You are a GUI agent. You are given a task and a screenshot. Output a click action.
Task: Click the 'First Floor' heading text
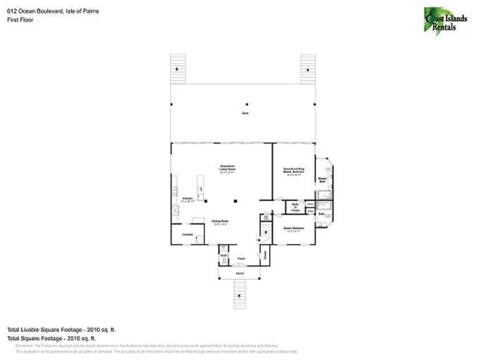point(22,20)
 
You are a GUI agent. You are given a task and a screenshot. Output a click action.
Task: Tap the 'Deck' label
point(245,113)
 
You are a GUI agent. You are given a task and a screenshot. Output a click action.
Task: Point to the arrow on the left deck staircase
point(179,70)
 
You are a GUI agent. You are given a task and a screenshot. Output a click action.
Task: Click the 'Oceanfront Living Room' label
point(226,169)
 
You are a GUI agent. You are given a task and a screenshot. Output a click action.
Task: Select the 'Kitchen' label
point(188,200)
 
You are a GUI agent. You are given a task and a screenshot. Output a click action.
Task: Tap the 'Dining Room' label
point(221,222)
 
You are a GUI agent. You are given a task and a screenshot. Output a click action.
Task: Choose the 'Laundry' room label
point(188,234)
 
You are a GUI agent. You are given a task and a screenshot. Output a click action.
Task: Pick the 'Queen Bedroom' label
point(294,229)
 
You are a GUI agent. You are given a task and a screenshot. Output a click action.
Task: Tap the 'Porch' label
point(240,272)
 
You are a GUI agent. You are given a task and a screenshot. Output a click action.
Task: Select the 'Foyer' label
point(240,259)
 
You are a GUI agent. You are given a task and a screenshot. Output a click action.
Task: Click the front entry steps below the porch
point(240,292)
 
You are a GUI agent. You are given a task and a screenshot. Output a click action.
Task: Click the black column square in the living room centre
point(236,201)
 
